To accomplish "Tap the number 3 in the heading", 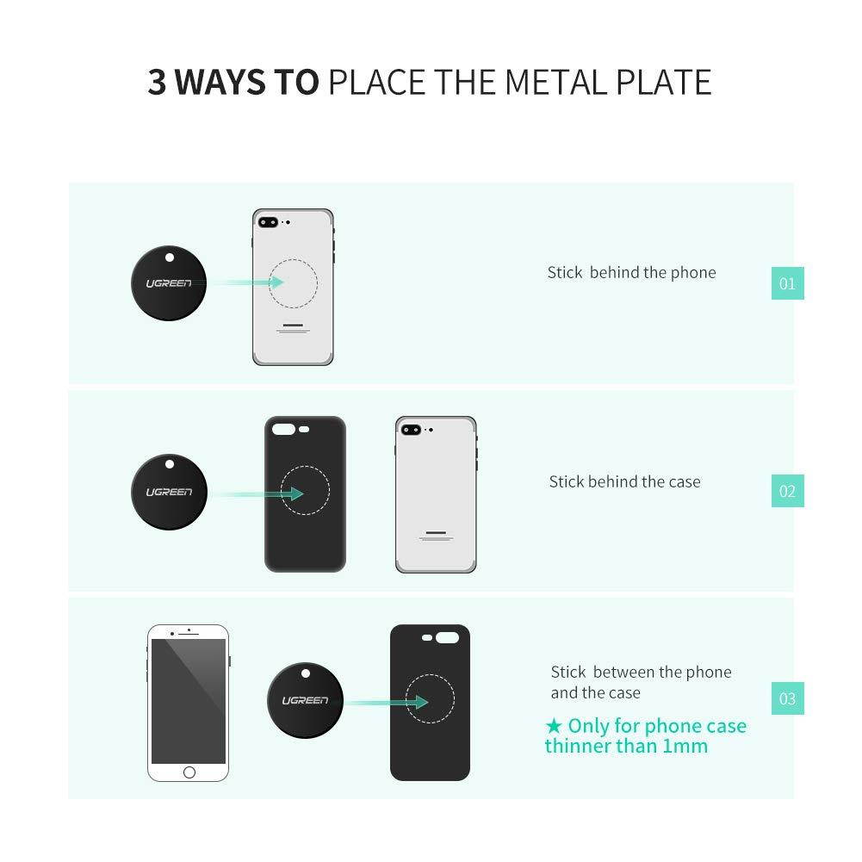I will tap(157, 82).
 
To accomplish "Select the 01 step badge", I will tap(787, 283).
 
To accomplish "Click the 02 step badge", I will tap(787, 492).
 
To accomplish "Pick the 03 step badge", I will tap(787, 698).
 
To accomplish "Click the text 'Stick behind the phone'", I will tap(631, 273).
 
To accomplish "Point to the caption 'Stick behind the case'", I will tap(624, 482).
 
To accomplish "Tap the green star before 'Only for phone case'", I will tap(554, 726).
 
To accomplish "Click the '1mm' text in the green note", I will tap(685, 747).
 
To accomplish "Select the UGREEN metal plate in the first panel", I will tap(169, 282).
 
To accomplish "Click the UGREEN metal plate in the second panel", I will tap(169, 492).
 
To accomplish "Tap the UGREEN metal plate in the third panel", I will tap(305, 700).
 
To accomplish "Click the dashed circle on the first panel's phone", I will tap(293, 282).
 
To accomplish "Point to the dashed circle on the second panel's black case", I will tap(305, 491).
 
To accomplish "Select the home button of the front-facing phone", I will tap(189, 772).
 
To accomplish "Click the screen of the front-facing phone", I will tap(189, 699).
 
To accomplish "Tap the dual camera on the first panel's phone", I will tap(268, 221).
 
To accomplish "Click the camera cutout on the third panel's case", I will tap(448, 639).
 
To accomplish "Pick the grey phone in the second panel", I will tap(436, 494).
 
